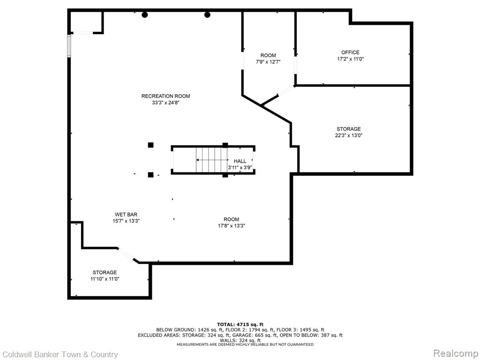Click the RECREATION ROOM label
[x=165, y=96]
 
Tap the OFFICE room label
[x=350, y=52]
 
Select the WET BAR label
[x=126, y=215]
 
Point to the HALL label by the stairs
[x=240, y=161]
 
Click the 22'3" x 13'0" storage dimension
[x=348, y=135]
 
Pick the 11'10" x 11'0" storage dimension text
[x=105, y=279]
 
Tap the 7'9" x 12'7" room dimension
[x=268, y=62]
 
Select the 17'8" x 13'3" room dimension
[x=231, y=226]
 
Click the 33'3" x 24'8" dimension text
[x=165, y=103]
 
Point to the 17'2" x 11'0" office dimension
[x=350, y=59]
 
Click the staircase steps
[x=212, y=160]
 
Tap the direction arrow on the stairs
[x=212, y=160]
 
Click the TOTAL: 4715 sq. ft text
[x=240, y=324]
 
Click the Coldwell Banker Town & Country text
[x=60, y=354]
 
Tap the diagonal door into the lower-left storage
[x=126, y=254]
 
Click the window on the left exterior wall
[x=69, y=45]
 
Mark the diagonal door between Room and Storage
[x=286, y=91]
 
